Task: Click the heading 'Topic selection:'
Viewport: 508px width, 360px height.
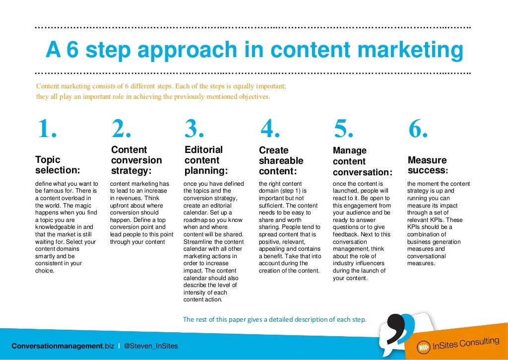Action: pos(58,165)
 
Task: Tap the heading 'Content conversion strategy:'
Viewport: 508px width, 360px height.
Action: pos(136,160)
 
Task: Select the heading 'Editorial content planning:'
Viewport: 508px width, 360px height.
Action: pos(206,160)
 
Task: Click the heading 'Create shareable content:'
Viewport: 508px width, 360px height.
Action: pos(281,160)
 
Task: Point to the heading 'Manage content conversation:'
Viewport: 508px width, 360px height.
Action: pos(362,161)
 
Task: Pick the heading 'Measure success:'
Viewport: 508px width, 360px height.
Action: pos(428,165)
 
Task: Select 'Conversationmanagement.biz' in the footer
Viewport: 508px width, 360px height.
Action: pos(63,346)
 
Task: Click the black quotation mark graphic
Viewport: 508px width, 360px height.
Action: pos(392,330)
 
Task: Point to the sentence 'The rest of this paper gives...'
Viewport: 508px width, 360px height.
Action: pos(274,319)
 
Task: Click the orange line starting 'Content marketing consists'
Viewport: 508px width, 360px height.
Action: pos(161,86)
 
